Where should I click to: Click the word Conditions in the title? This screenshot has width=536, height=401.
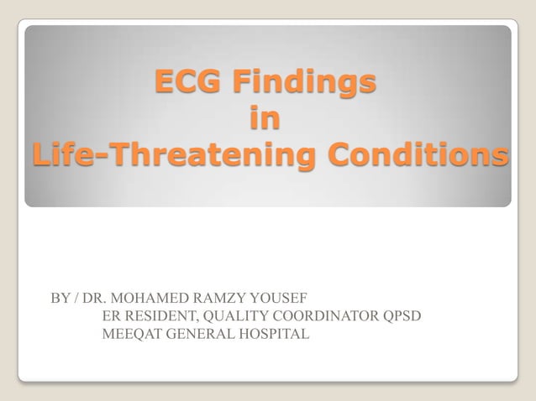point(417,156)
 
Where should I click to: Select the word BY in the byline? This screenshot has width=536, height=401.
point(60,299)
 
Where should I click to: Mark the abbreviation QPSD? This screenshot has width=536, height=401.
point(402,317)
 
